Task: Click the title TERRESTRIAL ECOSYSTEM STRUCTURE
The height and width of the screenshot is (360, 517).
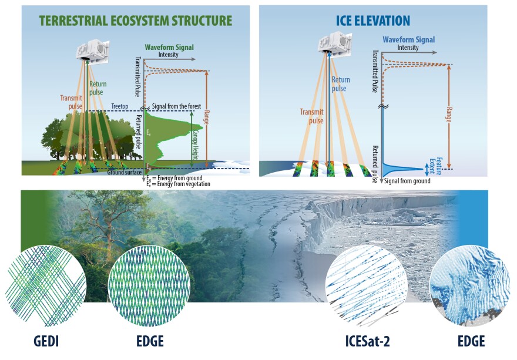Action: click(136, 21)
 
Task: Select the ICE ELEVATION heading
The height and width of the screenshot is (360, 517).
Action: click(372, 21)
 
